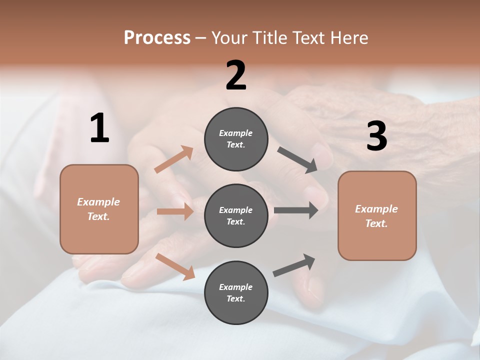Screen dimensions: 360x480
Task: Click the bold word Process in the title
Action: click(x=157, y=37)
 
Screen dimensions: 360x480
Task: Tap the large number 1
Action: click(x=99, y=128)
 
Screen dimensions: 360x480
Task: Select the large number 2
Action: click(x=236, y=75)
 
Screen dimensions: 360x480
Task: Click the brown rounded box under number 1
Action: click(x=99, y=209)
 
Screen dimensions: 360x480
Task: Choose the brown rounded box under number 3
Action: click(x=377, y=215)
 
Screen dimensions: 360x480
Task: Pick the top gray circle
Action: click(x=236, y=139)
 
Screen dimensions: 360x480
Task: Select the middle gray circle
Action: click(x=236, y=215)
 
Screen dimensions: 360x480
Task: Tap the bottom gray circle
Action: click(x=236, y=292)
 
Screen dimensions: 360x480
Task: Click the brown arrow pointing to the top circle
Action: click(x=174, y=159)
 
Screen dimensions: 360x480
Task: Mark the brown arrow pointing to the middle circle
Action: click(x=175, y=211)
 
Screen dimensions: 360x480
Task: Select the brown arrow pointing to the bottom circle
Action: click(x=175, y=266)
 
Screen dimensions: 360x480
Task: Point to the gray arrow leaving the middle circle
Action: click(x=296, y=210)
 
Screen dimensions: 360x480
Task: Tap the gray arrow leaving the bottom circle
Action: click(x=294, y=265)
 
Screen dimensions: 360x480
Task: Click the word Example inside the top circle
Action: click(x=236, y=133)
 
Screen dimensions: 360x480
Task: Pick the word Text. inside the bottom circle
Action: click(x=236, y=298)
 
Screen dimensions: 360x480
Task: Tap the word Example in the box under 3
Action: click(x=376, y=209)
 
